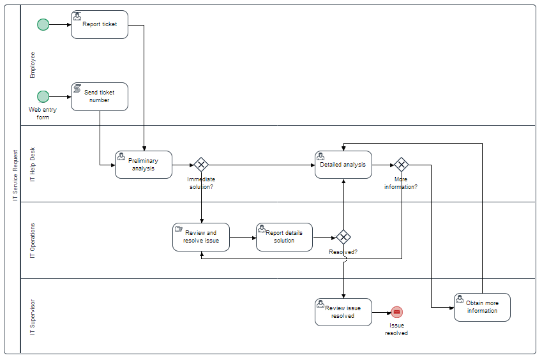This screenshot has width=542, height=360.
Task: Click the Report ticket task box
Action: point(100,24)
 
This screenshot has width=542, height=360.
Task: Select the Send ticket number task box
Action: point(100,96)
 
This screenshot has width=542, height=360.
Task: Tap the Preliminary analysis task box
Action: point(144,165)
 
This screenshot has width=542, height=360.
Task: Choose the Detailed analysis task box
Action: point(343,165)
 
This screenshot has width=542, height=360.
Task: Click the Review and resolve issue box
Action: point(201,237)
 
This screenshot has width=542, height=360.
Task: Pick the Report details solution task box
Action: point(284,237)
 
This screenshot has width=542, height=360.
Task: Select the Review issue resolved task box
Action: point(343,312)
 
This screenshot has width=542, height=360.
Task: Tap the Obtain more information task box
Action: point(482,307)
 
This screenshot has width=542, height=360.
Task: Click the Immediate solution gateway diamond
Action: point(201,165)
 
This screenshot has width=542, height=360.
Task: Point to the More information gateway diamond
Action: point(401,165)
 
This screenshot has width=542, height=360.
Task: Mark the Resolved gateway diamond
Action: point(343,237)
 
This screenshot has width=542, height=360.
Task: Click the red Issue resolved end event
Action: point(396,312)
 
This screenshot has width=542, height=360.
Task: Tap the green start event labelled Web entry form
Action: point(43,96)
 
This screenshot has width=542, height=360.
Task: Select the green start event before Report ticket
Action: point(43,24)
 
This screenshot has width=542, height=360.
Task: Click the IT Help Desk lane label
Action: point(33,164)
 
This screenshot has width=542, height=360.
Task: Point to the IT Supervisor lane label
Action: point(33,317)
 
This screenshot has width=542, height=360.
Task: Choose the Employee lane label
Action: point(33,64)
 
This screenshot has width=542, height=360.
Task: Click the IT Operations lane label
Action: point(33,241)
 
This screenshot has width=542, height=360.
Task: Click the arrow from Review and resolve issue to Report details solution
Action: point(243,237)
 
